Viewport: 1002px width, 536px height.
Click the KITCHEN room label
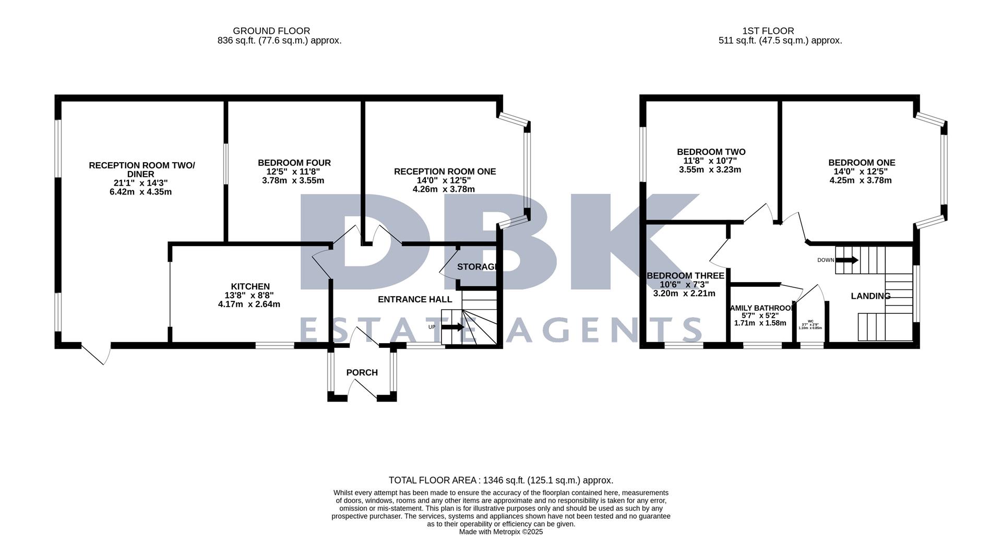click(250, 286)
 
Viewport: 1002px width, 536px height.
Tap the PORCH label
click(362, 372)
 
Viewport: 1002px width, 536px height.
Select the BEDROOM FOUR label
click(294, 163)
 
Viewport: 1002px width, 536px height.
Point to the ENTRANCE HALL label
click(415, 299)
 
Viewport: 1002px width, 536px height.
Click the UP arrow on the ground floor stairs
click(452, 327)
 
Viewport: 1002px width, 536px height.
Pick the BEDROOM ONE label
click(861, 163)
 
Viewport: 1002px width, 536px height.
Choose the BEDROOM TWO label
click(711, 152)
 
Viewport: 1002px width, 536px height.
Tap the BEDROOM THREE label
click(685, 275)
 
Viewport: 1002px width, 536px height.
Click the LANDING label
click(870, 296)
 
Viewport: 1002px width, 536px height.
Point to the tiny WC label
click(810, 321)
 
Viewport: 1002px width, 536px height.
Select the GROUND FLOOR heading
click(271, 31)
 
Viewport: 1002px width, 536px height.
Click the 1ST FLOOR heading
click(768, 31)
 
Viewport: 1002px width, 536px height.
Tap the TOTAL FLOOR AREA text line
click(501, 480)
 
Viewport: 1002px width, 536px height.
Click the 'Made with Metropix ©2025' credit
click(501, 532)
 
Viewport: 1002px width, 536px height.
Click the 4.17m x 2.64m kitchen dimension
click(249, 304)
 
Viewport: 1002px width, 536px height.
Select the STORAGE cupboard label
click(476, 267)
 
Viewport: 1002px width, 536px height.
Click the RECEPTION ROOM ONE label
click(445, 172)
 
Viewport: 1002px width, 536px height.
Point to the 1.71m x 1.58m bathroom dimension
click(760, 323)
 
